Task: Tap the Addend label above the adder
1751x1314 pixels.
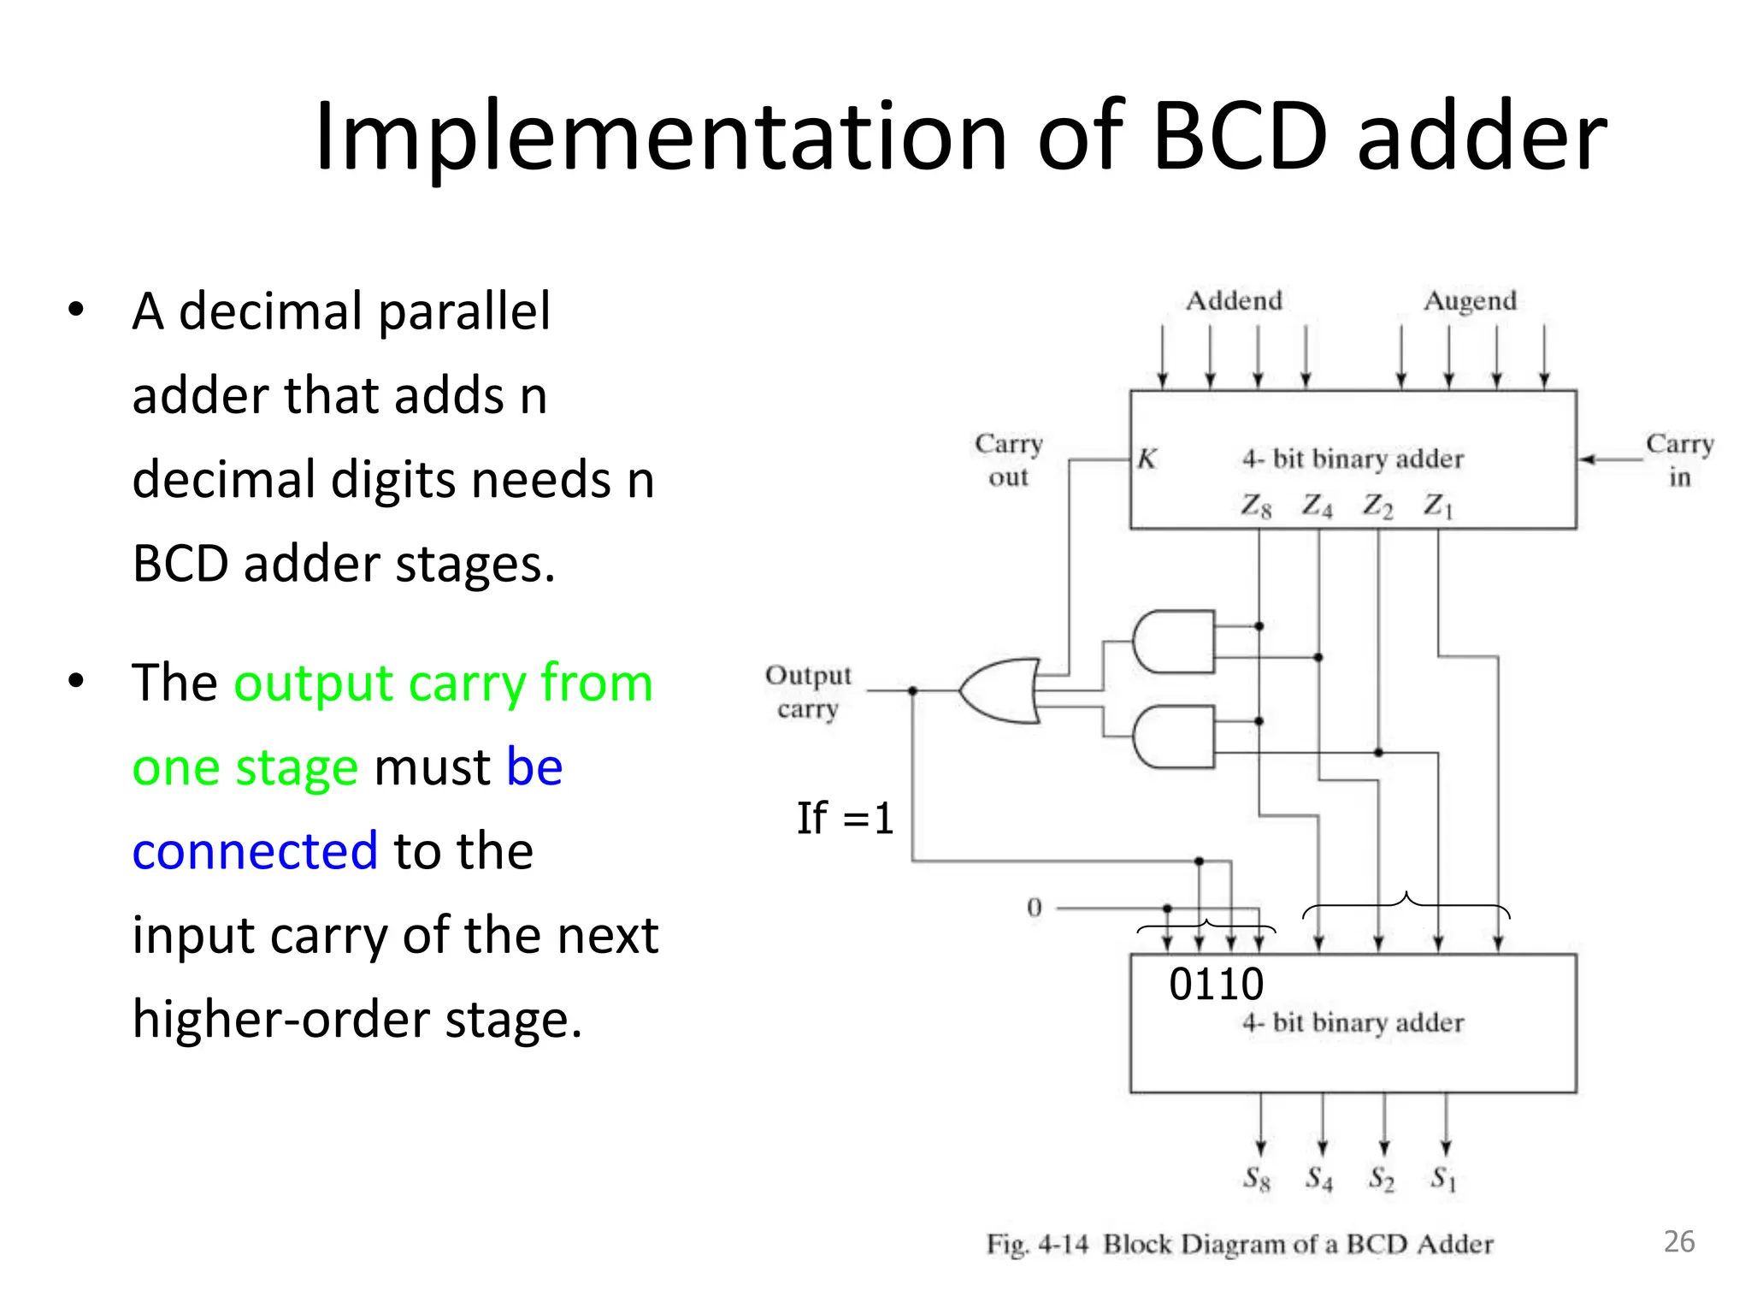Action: [1234, 301]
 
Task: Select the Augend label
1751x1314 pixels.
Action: [1470, 301]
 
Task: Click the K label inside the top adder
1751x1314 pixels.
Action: [1147, 459]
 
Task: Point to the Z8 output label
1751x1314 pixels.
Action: [1256, 506]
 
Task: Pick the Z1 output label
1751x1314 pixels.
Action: [1438, 506]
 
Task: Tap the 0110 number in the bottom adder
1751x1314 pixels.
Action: [1216, 985]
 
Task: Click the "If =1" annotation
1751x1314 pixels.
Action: [845, 819]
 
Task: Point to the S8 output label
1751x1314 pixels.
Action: [1257, 1179]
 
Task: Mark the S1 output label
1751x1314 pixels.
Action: [1443, 1179]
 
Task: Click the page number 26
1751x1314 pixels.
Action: [1679, 1241]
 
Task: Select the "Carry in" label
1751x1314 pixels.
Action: [1680, 460]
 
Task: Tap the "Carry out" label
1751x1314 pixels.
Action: [1009, 460]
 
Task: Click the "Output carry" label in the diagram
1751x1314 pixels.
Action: [808, 692]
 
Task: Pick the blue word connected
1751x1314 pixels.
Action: [255, 851]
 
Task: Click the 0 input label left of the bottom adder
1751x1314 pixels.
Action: [1035, 908]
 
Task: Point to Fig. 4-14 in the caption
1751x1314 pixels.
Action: [1037, 1245]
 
